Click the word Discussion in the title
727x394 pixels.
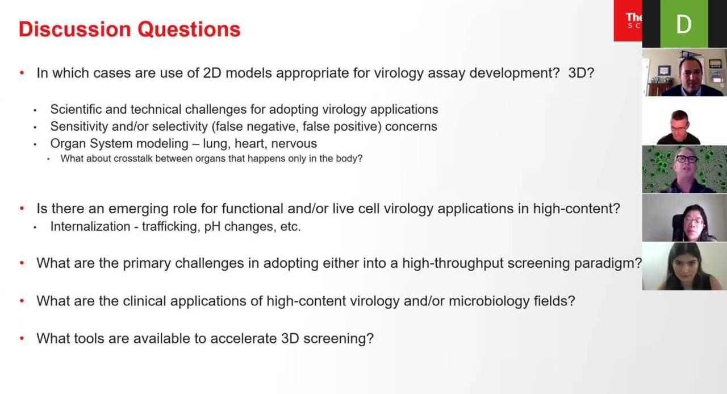[x=74, y=29]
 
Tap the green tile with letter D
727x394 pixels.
[x=684, y=24]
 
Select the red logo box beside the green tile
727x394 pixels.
[x=628, y=20]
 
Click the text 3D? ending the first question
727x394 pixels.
[x=581, y=73]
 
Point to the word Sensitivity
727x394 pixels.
[x=79, y=126]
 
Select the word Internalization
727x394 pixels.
[x=90, y=226]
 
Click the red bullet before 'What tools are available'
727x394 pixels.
[x=22, y=338]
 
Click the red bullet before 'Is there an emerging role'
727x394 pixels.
[x=22, y=208]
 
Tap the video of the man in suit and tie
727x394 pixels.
[x=684, y=72]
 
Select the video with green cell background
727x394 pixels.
[x=684, y=169]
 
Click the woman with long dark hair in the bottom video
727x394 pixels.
[x=687, y=267]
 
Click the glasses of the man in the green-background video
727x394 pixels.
[x=687, y=159]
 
